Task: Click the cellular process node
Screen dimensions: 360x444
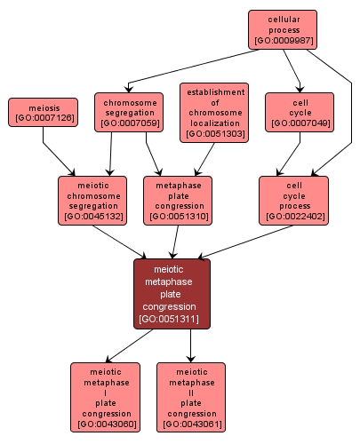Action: click(283, 29)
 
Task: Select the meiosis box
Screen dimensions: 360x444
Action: click(43, 113)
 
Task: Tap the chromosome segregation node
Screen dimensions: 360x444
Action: click(129, 112)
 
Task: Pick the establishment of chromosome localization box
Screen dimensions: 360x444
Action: click(214, 113)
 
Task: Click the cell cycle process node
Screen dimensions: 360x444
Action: click(293, 201)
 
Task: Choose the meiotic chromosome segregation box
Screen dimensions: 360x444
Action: click(92, 201)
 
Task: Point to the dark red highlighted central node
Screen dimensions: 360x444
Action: click(172, 294)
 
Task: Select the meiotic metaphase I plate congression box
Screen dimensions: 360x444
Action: click(105, 397)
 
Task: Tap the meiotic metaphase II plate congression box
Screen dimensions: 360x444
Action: click(191, 397)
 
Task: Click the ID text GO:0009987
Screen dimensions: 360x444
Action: click(284, 40)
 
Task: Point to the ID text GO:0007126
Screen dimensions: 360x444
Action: click(44, 118)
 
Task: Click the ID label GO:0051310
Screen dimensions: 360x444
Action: click(179, 217)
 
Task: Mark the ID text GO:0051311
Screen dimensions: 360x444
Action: click(169, 319)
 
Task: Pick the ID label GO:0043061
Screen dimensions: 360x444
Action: click(192, 424)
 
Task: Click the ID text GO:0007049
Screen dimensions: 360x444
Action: click(300, 123)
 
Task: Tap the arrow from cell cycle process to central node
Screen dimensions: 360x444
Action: click(245, 242)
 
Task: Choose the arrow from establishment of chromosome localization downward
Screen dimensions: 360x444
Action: click(204, 159)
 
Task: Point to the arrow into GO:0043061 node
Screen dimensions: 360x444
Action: click(190, 345)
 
